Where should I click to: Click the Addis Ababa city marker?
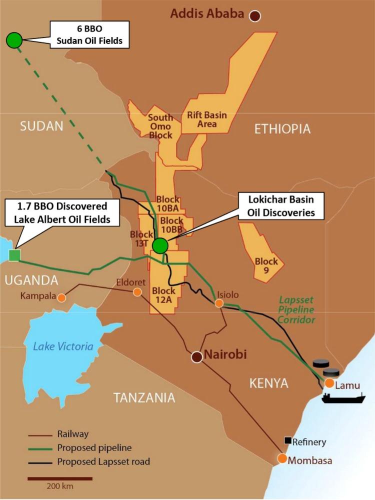[x=256, y=16]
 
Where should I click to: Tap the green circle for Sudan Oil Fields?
[x=14, y=39]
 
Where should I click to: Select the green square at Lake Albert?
[x=14, y=255]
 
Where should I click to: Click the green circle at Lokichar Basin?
[x=160, y=245]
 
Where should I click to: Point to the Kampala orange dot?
[x=61, y=297]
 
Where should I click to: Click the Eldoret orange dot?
[x=137, y=292]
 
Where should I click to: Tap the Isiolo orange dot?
[x=219, y=303]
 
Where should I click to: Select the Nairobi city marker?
[x=197, y=357]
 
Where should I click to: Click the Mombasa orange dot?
[x=282, y=458]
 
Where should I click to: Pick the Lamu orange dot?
[x=329, y=383]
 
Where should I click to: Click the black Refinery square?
[x=287, y=440]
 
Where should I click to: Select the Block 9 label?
[x=266, y=265]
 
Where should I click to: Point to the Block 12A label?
[x=164, y=295]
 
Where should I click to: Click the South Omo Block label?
[x=160, y=126]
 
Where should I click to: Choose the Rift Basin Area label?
[x=207, y=119]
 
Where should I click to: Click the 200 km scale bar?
[x=60, y=479]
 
